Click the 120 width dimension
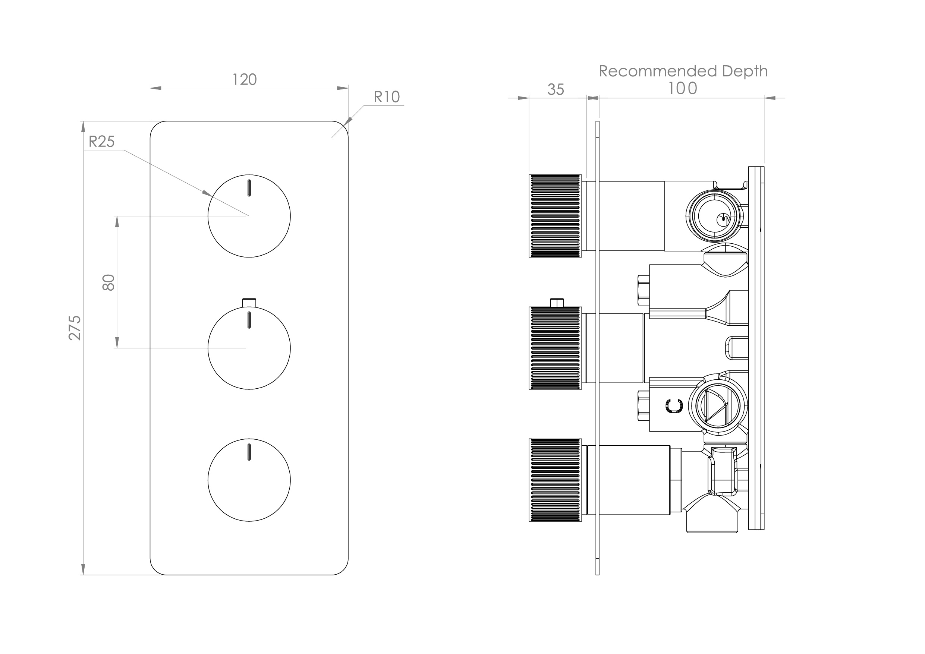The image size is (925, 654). pos(245,80)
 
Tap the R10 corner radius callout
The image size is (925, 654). pos(386,97)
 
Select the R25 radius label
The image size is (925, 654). pos(101,142)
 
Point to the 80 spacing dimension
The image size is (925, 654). pos(109,282)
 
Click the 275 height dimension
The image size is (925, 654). pos(75,328)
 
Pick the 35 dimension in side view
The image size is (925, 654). pos(555,90)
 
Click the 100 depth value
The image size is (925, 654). pos(682,89)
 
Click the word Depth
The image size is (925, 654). pos(745,71)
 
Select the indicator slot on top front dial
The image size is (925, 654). pos(249,188)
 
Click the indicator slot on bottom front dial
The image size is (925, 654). pos(249,452)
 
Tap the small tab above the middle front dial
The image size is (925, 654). pos(249,302)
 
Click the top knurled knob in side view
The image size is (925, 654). pos(555,216)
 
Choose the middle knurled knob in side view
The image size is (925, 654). pos(555,348)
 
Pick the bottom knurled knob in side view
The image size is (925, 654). pos(555,480)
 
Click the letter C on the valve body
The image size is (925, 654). pos(674,405)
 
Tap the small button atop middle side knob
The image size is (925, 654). pos(556,303)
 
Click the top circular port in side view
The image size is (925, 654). pos(714,217)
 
